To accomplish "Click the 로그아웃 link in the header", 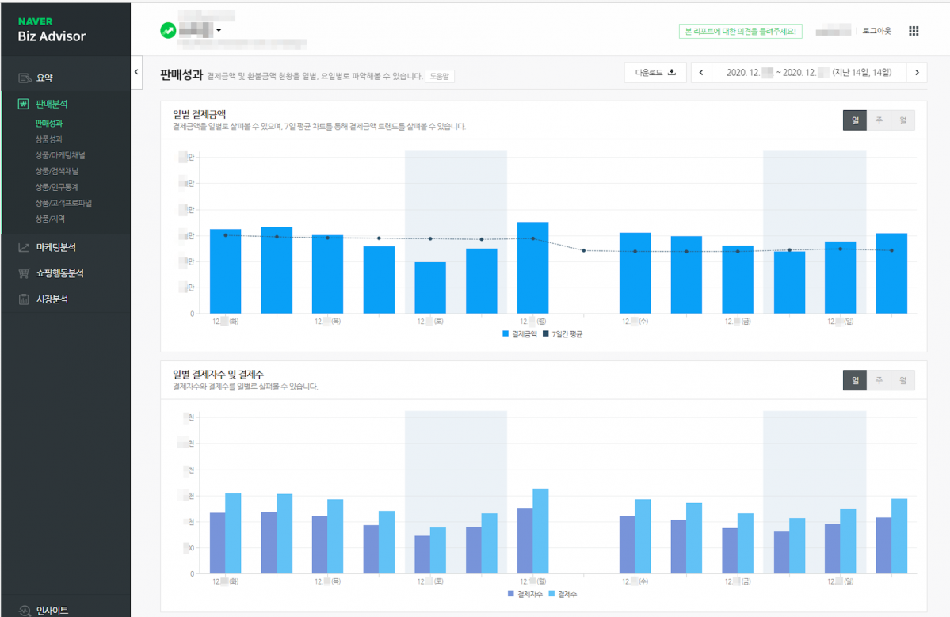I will pyautogui.click(x=876, y=31).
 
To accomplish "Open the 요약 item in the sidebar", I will pyautogui.click(x=44, y=78).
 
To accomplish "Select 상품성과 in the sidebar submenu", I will pyautogui.click(x=49, y=139).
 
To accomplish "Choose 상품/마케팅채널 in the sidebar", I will pyautogui.click(x=60, y=155).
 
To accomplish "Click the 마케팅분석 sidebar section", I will pyautogui.click(x=55, y=247).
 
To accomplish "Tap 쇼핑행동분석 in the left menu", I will pyautogui.click(x=59, y=273).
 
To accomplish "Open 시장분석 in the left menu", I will pyautogui.click(x=52, y=299).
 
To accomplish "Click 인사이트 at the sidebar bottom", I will pyautogui.click(x=52, y=610).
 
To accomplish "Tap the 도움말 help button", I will pyautogui.click(x=440, y=76).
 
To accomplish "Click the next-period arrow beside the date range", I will pyautogui.click(x=917, y=73).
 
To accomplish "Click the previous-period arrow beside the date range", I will pyautogui.click(x=700, y=73).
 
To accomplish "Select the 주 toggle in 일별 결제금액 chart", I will pyautogui.click(x=879, y=120).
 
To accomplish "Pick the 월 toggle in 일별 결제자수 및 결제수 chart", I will pyautogui.click(x=902, y=380).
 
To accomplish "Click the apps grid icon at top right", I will pyautogui.click(x=914, y=31).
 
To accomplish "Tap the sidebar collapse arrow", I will pyautogui.click(x=135, y=72).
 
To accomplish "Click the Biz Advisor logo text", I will pyautogui.click(x=52, y=36).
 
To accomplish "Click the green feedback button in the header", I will pyautogui.click(x=741, y=32).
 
